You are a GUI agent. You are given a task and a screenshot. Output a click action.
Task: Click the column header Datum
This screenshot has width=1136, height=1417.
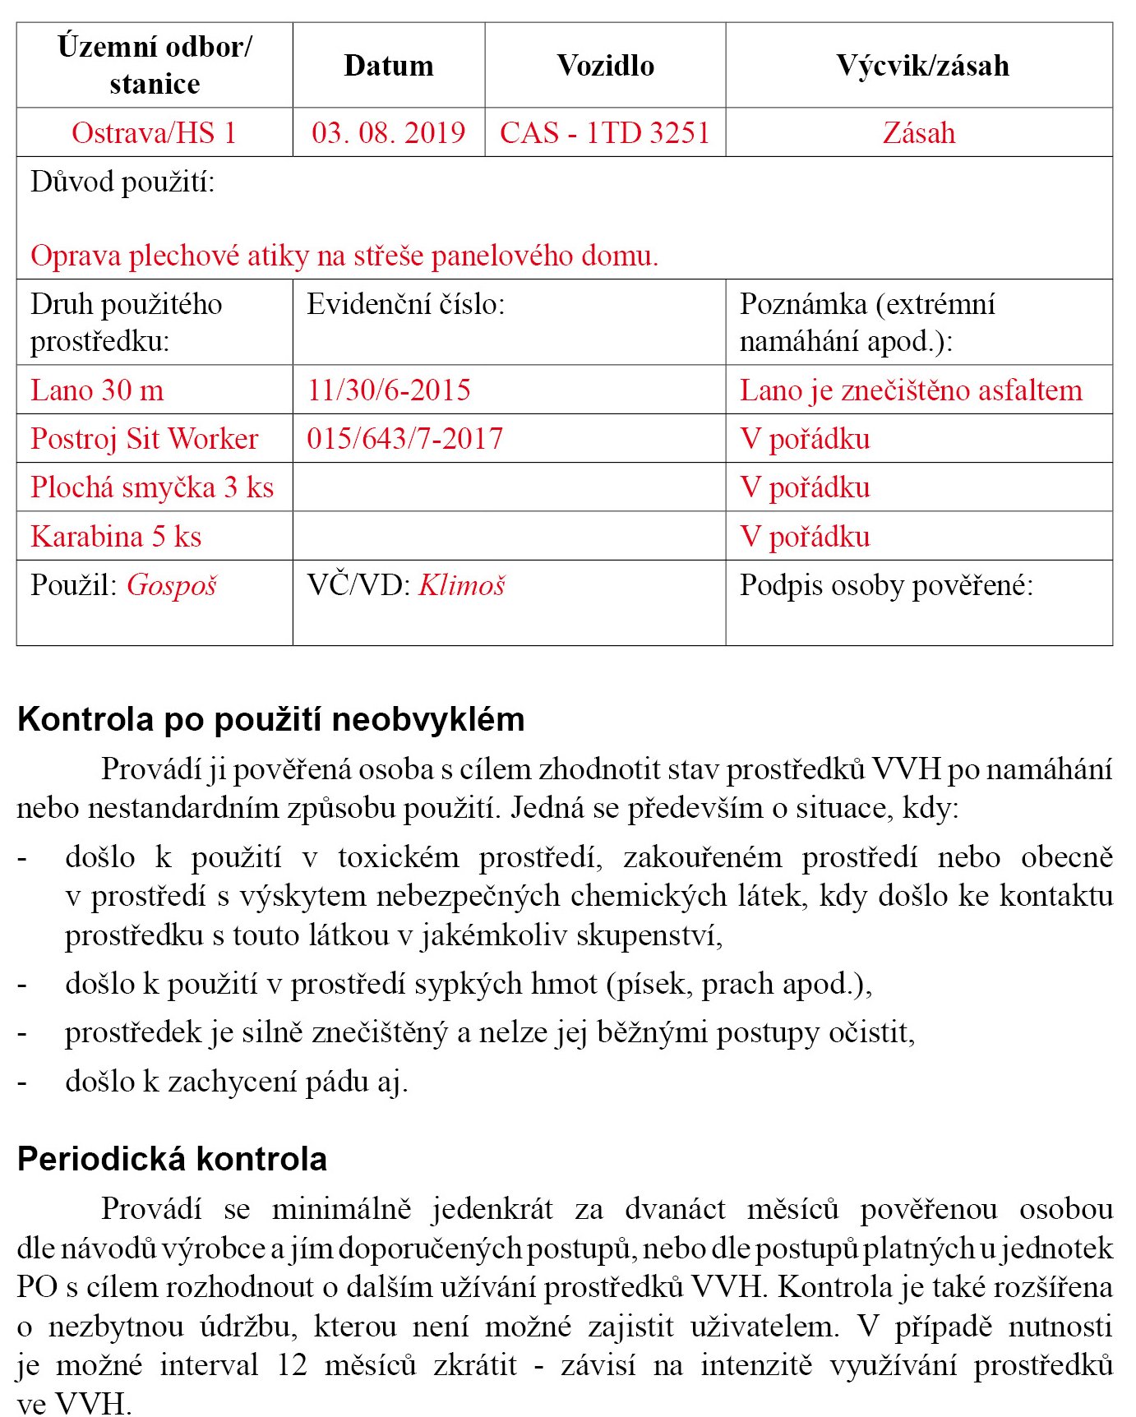click(x=388, y=66)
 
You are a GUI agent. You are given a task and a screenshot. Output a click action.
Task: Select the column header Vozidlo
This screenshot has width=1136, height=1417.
click(x=605, y=66)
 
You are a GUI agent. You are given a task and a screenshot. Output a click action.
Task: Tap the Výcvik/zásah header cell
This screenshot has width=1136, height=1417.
click(x=922, y=66)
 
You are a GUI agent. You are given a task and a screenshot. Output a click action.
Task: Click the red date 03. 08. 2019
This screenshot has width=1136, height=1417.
click(x=388, y=132)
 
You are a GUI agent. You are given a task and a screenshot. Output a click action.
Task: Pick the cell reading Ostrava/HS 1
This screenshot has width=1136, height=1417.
click(x=154, y=132)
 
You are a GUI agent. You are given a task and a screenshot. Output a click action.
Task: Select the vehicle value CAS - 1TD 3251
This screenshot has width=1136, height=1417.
click(x=605, y=132)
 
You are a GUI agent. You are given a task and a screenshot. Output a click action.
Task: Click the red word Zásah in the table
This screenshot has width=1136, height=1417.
click(x=919, y=132)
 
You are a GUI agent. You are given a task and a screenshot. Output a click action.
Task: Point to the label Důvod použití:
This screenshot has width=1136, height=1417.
click(x=122, y=182)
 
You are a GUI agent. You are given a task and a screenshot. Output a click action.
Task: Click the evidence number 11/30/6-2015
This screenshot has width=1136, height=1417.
click(x=389, y=390)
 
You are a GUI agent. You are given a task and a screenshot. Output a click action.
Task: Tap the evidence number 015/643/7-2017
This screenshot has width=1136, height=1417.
click(x=404, y=438)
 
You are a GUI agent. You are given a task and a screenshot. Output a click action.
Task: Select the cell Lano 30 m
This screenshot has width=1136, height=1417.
click(x=97, y=390)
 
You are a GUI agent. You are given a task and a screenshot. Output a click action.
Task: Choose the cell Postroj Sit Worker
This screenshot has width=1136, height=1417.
click(x=145, y=438)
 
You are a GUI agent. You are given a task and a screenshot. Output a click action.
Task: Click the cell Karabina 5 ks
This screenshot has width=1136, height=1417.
click(x=116, y=536)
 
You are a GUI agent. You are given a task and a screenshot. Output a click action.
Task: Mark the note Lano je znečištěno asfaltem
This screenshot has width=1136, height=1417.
click(x=911, y=390)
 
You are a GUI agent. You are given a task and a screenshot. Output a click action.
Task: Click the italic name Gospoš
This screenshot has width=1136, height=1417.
click(x=172, y=585)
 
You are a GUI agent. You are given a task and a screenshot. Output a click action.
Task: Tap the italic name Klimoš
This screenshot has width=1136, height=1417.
click(x=462, y=585)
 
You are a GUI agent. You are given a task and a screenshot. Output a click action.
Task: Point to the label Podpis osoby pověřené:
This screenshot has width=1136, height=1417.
click(x=886, y=585)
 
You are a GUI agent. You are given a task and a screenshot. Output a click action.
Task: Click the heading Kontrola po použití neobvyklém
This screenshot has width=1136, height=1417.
click(x=270, y=719)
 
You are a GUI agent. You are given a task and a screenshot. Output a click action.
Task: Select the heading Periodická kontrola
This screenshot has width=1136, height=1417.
click(x=172, y=1159)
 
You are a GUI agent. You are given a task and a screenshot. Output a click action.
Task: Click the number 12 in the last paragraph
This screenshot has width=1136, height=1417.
click(x=292, y=1365)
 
